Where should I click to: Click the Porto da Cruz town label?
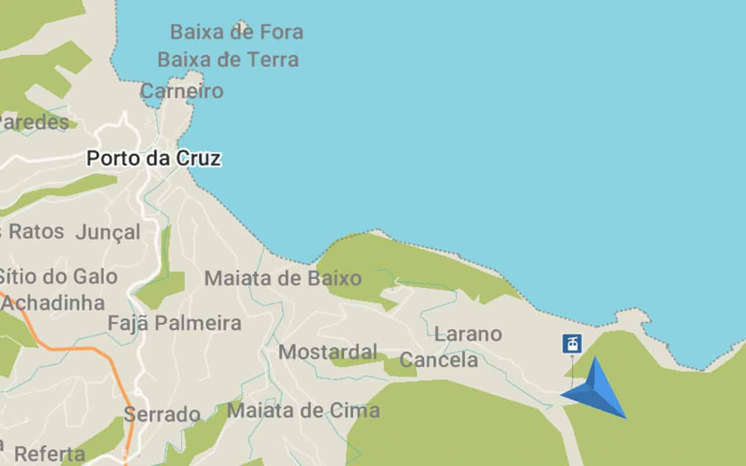(154, 158)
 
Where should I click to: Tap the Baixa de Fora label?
(237, 32)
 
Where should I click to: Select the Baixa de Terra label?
(228, 59)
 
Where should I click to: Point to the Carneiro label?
(182, 91)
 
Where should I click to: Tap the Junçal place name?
(108, 232)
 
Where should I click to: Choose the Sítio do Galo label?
(58, 276)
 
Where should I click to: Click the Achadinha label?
(54, 303)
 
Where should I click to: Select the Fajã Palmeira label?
(174, 323)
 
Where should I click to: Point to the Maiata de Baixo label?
(283, 278)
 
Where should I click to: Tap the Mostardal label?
(328, 352)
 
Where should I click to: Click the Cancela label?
(439, 360)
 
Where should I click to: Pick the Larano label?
(468, 334)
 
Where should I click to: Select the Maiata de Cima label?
(303, 411)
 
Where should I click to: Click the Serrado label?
(162, 415)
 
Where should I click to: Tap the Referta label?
(50, 454)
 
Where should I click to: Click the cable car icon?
(572, 343)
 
